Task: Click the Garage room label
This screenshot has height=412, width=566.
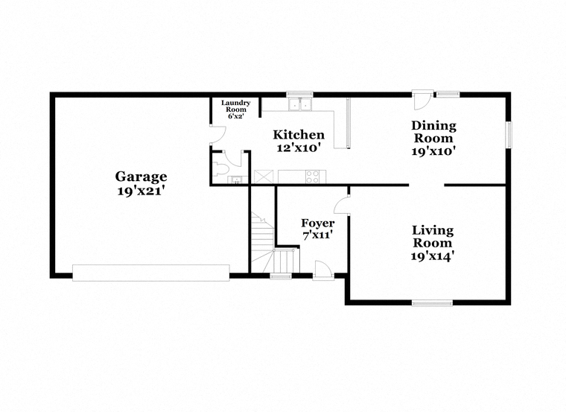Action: pyautogui.click(x=141, y=177)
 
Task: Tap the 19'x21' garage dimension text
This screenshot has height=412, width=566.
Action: pyautogui.click(x=141, y=190)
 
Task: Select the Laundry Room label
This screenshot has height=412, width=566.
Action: pyautogui.click(x=236, y=106)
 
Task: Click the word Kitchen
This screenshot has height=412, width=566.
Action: pyautogui.click(x=299, y=135)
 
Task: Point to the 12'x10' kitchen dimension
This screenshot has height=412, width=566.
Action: pyautogui.click(x=299, y=148)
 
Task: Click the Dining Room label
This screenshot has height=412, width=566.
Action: pyautogui.click(x=433, y=132)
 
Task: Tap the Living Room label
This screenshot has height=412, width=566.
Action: pyautogui.click(x=433, y=236)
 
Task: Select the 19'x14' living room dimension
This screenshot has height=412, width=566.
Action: pyautogui.click(x=433, y=256)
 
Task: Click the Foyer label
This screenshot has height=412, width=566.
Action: pyautogui.click(x=318, y=224)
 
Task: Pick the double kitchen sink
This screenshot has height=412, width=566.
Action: pyautogui.click(x=300, y=104)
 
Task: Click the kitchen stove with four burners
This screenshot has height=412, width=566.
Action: pyautogui.click(x=313, y=177)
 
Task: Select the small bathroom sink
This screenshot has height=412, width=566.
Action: pyautogui.click(x=237, y=180)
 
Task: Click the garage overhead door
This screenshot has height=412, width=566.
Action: pyautogui.click(x=151, y=273)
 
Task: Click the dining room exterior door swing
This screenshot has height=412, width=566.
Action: pyautogui.click(x=422, y=101)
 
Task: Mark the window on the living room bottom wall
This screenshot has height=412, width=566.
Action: pyautogui.click(x=432, y=303)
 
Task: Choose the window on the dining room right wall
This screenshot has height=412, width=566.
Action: pyautogui.click(x=509, y=135)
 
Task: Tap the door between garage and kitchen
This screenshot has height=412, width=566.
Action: pyautogui.click(x=218, y=136)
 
